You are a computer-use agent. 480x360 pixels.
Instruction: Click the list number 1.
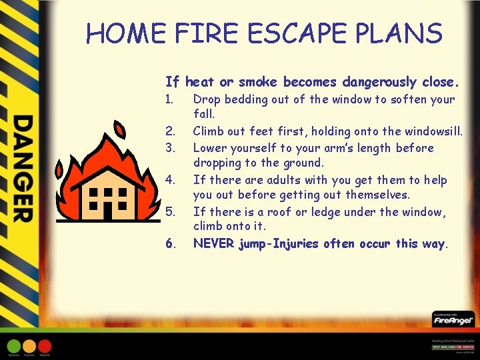point(169,100)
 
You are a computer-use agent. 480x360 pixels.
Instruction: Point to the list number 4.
point(170,180)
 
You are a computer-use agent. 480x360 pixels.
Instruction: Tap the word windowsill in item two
point(433,131)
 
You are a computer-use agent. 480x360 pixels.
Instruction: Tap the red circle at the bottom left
point(45,346)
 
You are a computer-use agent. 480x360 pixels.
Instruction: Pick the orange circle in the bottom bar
point(29,346)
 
